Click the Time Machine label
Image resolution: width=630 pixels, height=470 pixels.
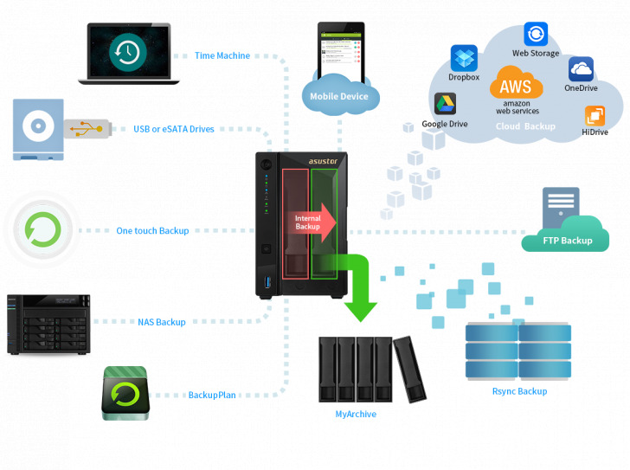222,55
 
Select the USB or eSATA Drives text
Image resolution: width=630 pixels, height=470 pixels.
174,129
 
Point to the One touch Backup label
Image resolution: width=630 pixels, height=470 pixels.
152,231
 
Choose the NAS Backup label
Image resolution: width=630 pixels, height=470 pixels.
162,322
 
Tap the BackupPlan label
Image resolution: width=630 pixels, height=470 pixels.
212,396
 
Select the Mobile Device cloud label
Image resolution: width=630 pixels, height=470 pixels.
339,96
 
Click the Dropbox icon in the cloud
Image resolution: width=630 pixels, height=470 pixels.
464,59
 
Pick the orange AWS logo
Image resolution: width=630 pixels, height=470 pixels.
517,86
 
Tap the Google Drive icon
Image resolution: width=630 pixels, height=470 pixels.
445,105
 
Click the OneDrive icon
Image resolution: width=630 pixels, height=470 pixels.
581,69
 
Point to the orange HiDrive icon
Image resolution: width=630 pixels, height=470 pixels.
595,116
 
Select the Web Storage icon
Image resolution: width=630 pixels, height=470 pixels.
536,35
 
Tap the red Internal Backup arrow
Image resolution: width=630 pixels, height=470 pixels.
312,221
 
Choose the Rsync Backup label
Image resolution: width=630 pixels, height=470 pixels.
519,391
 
